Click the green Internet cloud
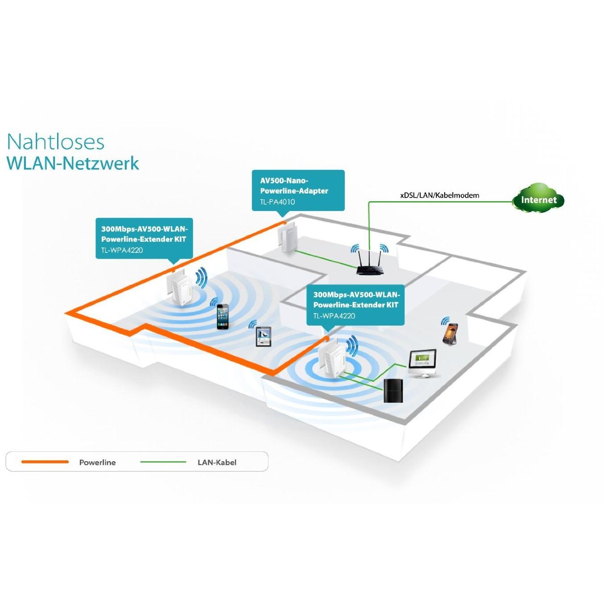[538, 199]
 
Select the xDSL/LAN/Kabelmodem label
[439, 195]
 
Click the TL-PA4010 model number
[277, 202]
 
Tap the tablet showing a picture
[263, 336]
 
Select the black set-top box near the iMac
[393, 390]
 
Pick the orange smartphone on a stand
[450, 334]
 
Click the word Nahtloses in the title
[56, 142]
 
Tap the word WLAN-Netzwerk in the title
[73, 163]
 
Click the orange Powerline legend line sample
[45, 462]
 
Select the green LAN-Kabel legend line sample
[163, 462]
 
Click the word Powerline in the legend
[97, 463]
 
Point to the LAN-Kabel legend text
[217, 463]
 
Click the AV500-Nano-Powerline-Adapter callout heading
[294, 186]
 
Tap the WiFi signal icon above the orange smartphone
[445, 321]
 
